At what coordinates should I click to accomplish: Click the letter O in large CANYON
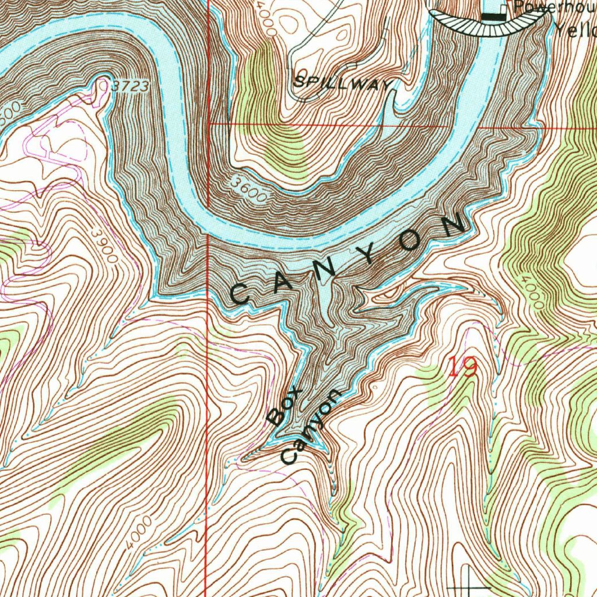point(409,241)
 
